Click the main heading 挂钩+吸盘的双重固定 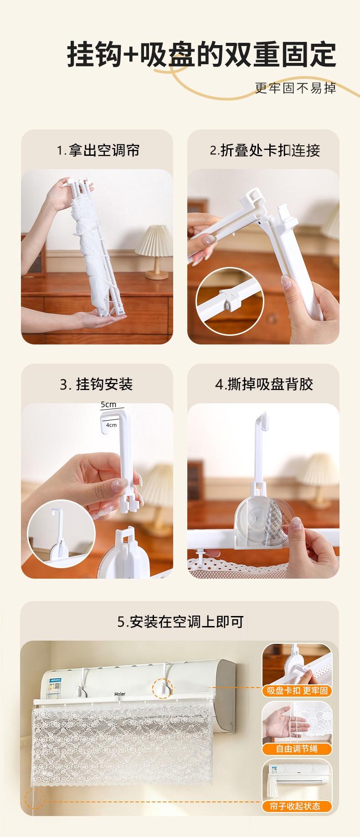pyautogui.click(x=202, y=55)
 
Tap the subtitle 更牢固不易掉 pyautogui.click(x=295, y=88)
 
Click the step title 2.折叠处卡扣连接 pyautogui.click(x=265, y=150)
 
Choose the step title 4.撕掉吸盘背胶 pyautogui.click(x=264, y=385)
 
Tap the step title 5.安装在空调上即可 pyautogui.click(x=180, y=621)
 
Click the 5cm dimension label pyautogui.click(x=108, y=405)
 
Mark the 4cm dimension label pyautogui.click(x=111, y=425)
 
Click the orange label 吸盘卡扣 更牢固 pyautogui.click(x=297, y=691)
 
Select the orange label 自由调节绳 pyautogui.click(x=297, y=749)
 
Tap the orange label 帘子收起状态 pyautogui.click(x=297, y=806)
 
